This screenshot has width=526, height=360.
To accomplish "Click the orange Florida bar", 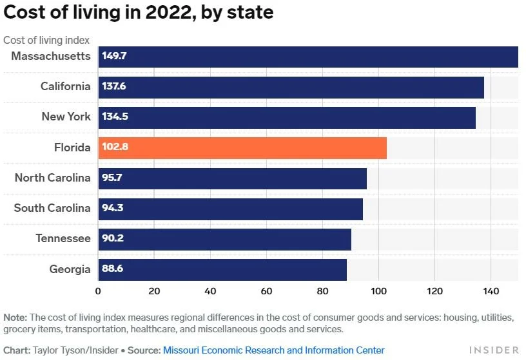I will pos(242,147).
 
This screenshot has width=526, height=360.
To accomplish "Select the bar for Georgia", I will pos(222,269).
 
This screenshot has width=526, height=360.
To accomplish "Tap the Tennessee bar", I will pos(224,239).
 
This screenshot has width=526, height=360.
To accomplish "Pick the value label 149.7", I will pos(114,56).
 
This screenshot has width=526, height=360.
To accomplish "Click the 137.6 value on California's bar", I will pos(114,86).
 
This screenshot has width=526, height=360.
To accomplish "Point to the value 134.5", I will pos(114,117).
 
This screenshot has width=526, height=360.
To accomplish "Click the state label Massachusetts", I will pos(51,56).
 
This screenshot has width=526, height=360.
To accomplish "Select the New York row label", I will pos(66,117).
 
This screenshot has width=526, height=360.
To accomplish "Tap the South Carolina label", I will pos(52,208).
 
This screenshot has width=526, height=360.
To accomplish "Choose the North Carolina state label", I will pos(53,178).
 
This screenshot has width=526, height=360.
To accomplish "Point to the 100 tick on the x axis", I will pos(378,291).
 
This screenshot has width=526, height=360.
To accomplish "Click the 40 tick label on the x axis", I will pos(210,291).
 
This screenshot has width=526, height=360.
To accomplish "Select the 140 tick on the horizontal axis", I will pos(491,291).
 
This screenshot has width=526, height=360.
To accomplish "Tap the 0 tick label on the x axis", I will pos(98,291).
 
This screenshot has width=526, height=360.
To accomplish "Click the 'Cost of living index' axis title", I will pos(46,40).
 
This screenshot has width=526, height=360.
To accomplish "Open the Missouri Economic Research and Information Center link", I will pos(273,350).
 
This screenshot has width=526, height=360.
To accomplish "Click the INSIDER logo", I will pos(493,350).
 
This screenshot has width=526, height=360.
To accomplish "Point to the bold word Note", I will pos(15,317).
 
